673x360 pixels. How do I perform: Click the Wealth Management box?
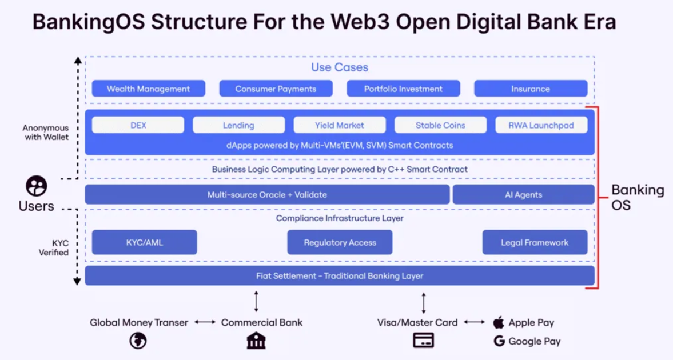(x=148, y=89)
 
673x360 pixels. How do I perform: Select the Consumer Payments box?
(x=276, y=89)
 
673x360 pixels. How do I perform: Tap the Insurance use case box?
(x=530, y=89)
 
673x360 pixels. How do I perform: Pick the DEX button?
(x=138, y=125)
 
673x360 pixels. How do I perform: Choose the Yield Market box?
(x=339, y=125)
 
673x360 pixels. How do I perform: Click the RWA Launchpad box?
(x=540, y=125)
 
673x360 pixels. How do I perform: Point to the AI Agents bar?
(x=523, y=195)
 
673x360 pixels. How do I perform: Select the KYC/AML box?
(x=144, y=242)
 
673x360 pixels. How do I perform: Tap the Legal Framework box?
(x=534, y=242)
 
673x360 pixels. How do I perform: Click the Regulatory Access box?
(x=340, y=242)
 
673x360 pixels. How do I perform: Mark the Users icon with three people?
(x=36, y=186)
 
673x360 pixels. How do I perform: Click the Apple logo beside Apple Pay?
(x=499, y=322)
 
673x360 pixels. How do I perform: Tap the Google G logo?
(x=499, y=341)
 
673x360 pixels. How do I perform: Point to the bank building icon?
(x=256, y=341)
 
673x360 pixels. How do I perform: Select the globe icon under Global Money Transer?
(x=138, y=341)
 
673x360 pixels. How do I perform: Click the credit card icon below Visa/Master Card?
(x=423, y=341)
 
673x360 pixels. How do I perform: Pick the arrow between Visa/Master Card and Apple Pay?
(x=474, y=322)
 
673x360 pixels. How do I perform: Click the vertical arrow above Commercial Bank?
(x=256, y=301)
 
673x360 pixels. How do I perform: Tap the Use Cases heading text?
(x=339, y=67)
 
